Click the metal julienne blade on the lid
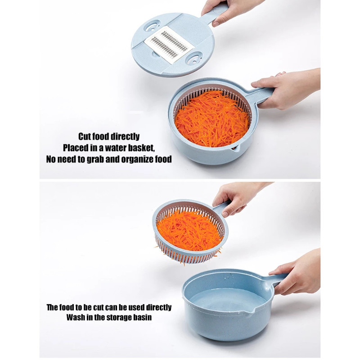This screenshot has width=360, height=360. (169, 44)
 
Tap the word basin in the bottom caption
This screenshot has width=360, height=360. (143, 317)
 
